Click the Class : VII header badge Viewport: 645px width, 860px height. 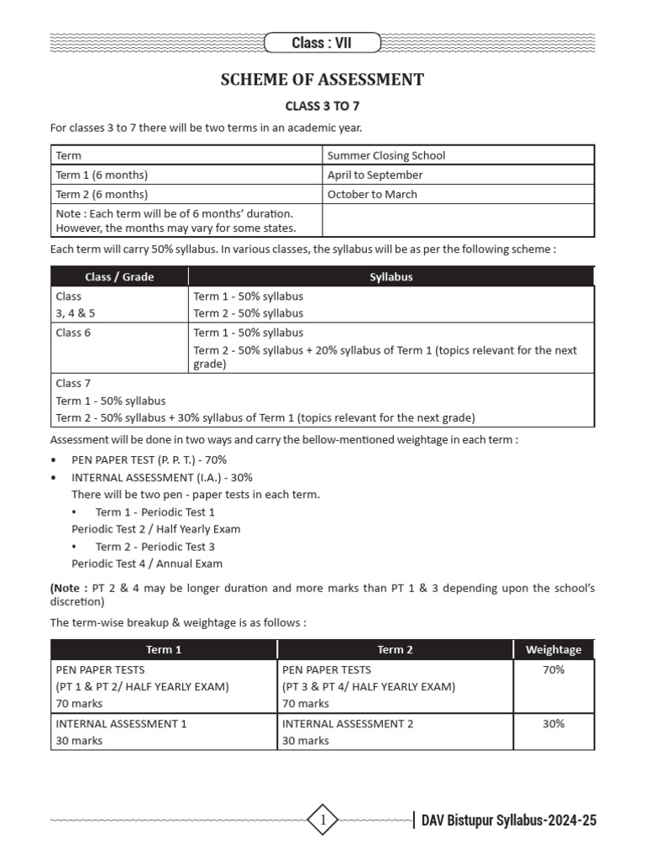(322, 42)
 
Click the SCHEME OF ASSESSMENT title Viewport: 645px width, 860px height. (322, 80)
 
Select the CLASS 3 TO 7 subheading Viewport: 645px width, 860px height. (322, 107)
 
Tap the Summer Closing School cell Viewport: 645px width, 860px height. (386, 155)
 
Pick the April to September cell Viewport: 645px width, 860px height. (375, 175)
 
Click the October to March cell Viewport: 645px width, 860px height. (372, 194)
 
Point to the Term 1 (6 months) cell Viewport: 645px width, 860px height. (102, 175)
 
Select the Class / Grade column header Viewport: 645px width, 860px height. (119, 276)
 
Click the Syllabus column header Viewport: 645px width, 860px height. (391, 276)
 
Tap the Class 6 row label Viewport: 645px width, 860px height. (73, 333)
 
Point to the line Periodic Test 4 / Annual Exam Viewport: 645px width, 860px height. (147, 564)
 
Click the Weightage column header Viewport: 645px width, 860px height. (553, 649)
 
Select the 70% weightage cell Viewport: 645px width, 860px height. (553, 669)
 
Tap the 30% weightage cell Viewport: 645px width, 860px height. (553, 723)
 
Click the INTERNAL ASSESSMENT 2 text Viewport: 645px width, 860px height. (348, 723)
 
